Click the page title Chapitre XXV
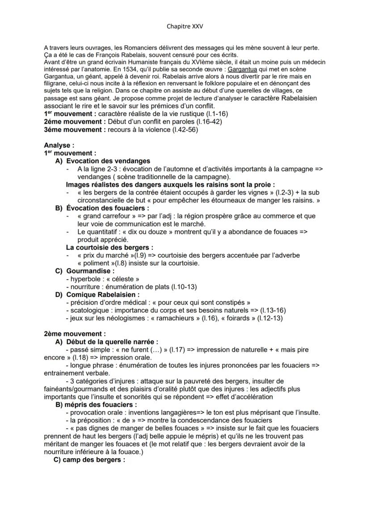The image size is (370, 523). [x=185, y=26]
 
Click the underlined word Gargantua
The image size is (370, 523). [x=242, y=70]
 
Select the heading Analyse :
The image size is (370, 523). [x=59, y=145]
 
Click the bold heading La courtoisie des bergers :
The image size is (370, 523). [x=109, y=247]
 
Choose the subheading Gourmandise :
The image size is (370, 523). [x=90, y=271]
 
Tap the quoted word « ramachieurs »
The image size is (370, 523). [x=161, y=318]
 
